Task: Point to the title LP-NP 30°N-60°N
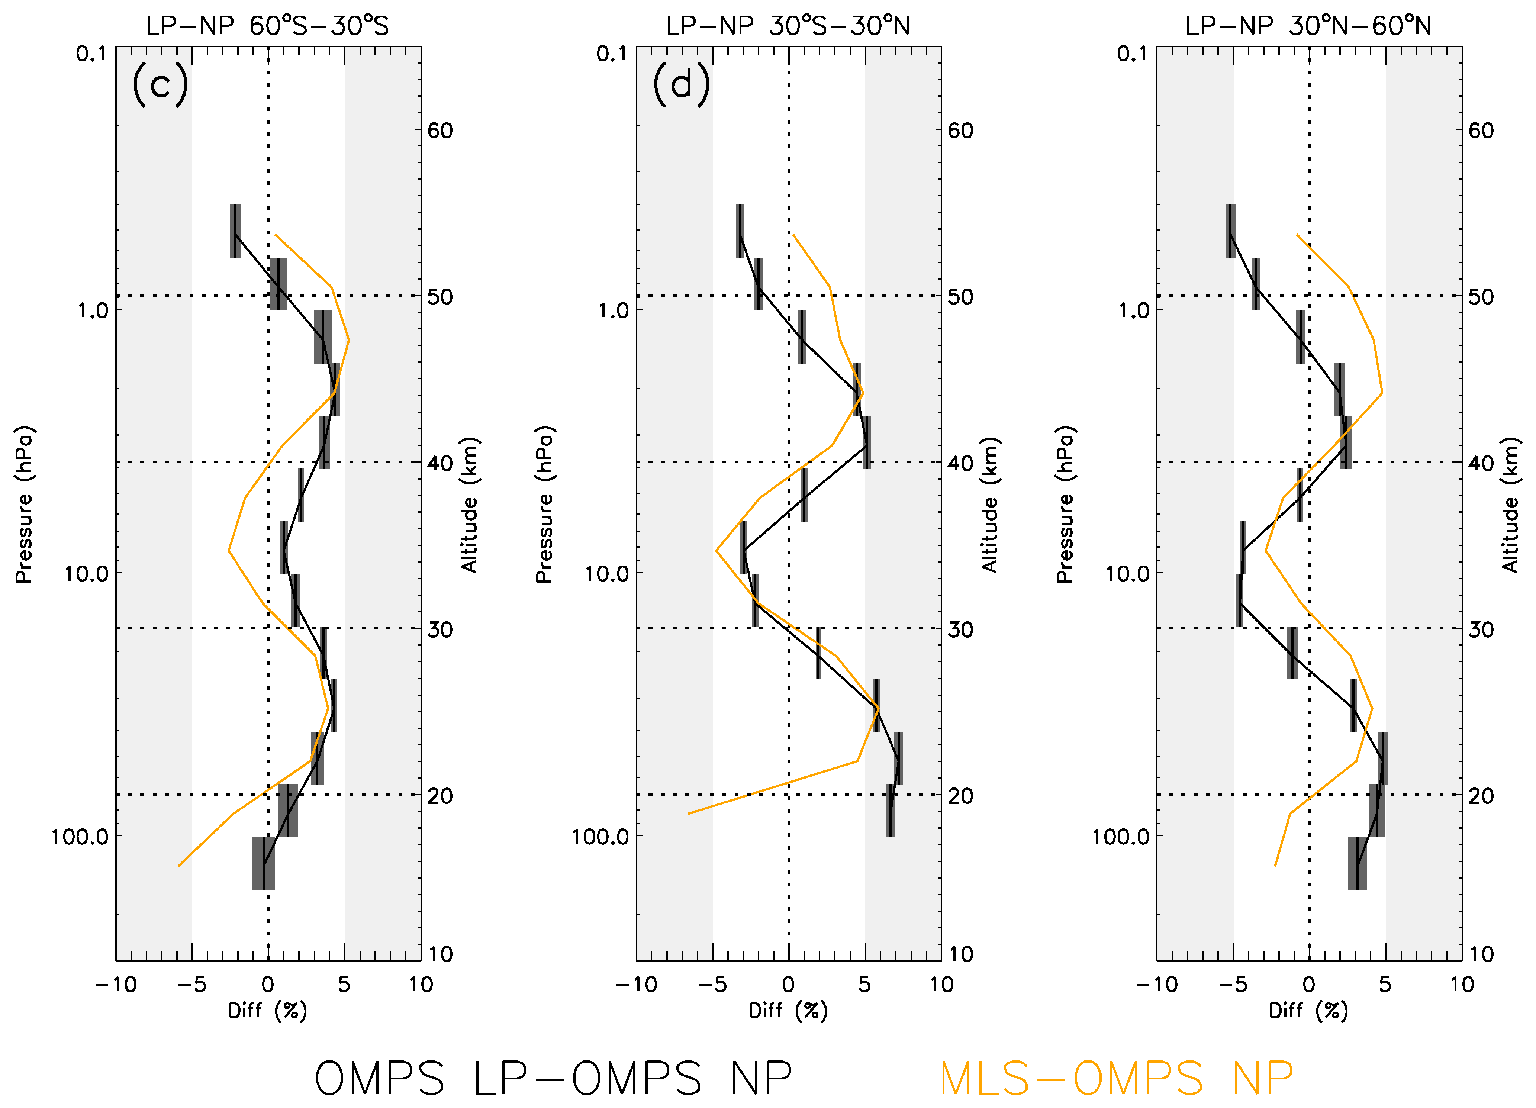pos(1308,26)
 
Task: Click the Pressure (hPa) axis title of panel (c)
pos(24,505)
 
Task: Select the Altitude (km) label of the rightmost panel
pos(1511,505)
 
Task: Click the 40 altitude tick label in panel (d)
pos(960,463)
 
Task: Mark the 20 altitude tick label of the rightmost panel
pos(1481,796)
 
